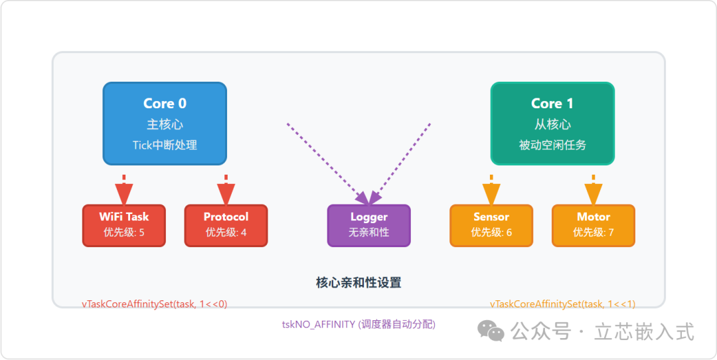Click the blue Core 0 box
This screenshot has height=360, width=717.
(x=165, y=124)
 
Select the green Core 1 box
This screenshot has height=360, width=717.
(x=552, y=124)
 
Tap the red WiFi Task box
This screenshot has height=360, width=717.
(x=124, y=225)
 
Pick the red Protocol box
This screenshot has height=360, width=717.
(x=226, y=225)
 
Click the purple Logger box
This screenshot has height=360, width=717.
(x=369, y=225)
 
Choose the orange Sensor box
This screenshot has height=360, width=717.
(x=491, y=225)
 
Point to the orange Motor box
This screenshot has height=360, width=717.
(x=594, y=225)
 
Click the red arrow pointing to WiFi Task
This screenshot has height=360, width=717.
(x=124, y=191)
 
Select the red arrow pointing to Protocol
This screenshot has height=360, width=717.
(x=226, y=191)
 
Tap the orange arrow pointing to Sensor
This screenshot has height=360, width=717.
(x=491, y=191)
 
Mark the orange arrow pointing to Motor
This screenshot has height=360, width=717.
(x=594, y=191)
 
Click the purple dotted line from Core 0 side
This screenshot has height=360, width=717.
(x=325, y=161)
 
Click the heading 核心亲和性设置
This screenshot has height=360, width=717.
(x=358, y=283)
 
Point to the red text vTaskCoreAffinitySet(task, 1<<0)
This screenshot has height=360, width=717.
(x=155, y=304)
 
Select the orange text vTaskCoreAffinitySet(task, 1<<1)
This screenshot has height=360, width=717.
(x=563, y=304)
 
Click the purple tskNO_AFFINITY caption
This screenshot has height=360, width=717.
(x=358, y=324)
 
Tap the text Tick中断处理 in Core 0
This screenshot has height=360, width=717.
(x=165, y=145)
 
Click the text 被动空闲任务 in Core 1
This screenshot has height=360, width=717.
(x=552, y=145)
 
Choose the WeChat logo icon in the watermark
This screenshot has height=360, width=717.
(x=492, y=330)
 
